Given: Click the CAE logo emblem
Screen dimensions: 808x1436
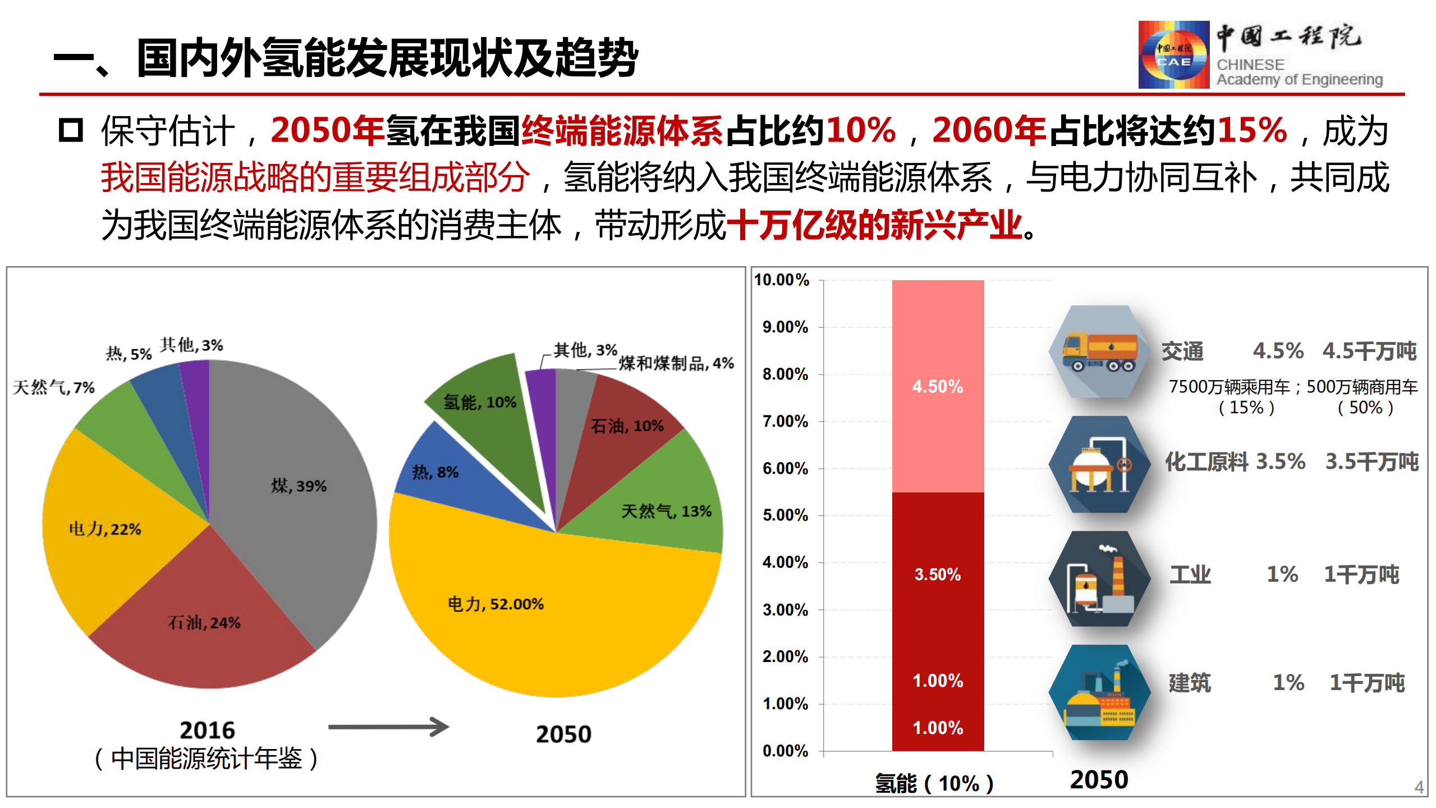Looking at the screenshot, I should pos(1173,54).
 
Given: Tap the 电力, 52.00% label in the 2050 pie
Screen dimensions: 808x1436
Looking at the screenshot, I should pos(496,604).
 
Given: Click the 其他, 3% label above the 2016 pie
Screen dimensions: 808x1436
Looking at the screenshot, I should pos(191,345).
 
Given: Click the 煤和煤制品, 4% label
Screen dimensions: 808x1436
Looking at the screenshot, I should pos(676,363).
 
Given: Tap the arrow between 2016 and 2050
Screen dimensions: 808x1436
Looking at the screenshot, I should pos(388,727).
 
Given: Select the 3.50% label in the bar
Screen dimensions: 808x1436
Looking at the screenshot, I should pos(938,574).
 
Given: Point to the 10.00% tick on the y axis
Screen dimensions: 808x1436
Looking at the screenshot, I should pos(782,280).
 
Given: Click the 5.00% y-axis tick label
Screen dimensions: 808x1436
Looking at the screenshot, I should pos(785,515).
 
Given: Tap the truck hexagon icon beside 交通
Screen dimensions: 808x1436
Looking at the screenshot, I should pos(1099,352).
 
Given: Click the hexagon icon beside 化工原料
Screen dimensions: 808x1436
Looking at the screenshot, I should pos(1099,464).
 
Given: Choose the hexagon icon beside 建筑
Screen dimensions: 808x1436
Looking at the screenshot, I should pos(1099,692).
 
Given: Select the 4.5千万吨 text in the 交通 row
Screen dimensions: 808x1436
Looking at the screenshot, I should pos(1369,351).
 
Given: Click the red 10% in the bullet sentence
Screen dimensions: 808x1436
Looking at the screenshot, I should pos(861,131).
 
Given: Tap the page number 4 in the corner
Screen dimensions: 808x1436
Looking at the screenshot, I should pos(1419,787).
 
